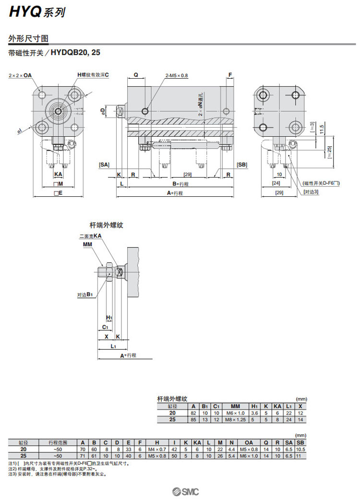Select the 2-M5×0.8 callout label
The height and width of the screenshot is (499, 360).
(177, 75)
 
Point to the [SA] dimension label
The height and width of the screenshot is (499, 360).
(104, 165)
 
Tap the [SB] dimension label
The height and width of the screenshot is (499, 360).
(242, 165)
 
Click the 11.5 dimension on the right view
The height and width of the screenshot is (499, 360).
(322, 129)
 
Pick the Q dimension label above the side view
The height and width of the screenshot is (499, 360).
(136, 75)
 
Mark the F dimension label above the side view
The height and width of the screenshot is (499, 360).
(230, 75)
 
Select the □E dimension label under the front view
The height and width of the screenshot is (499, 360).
(58, 193)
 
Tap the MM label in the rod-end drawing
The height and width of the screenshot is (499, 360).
(87, 244)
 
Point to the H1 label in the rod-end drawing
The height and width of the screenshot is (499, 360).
(109, 318)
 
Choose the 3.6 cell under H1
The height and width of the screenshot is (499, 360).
(255, 413)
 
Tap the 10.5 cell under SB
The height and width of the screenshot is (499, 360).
(300, 449)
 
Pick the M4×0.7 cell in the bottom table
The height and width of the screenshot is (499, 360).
(156, 449)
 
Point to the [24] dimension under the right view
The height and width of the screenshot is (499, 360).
(276, 183)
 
